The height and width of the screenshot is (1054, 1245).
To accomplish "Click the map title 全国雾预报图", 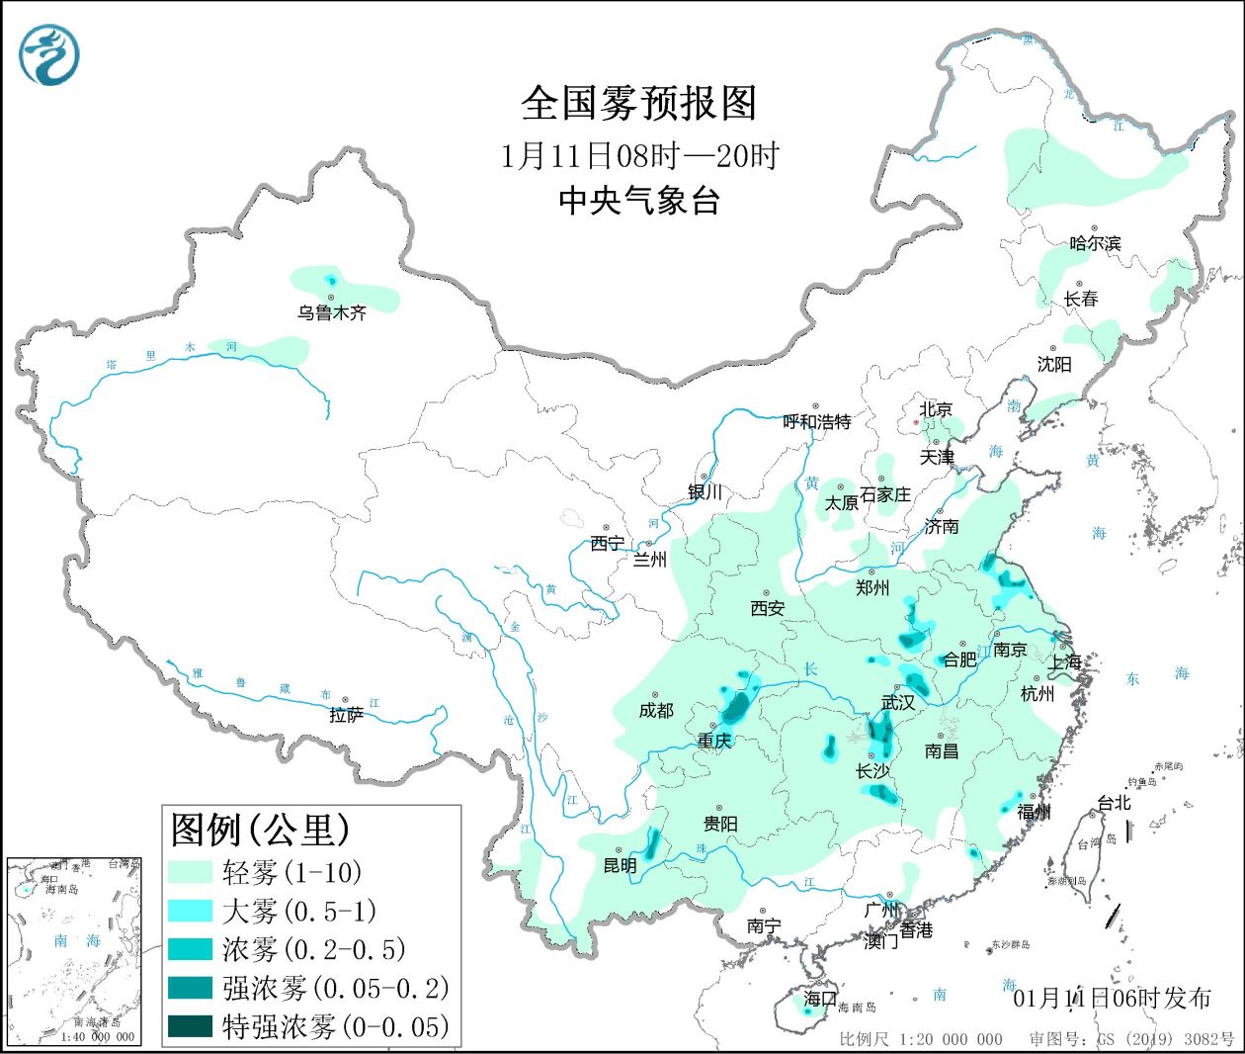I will pyautogui.click(x=638, y=103).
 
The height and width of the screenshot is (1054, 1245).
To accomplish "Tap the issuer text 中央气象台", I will pyautogui.click(x=638, y=201).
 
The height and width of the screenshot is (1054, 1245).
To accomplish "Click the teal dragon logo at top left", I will pyautogui.click(x=48, y=54).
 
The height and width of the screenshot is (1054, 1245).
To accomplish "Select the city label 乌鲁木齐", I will pyautogui.click(x=332, y=312).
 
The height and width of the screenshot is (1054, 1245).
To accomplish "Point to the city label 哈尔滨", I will pyautogui.click(x=1095, y=243).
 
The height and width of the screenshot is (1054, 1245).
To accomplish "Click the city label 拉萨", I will pyautogui.click(x=346, y=715).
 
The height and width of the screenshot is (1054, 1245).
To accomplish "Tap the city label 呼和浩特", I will pyautogui.click(x=816, y=422).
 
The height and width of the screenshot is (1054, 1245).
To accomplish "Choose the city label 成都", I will pyautogui.click(x=655, y=710).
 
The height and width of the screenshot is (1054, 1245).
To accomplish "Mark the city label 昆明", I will pyautogui.click(x=620, y=865).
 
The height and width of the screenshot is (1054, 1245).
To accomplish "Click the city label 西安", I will pyautogui.click(x=767, y=608).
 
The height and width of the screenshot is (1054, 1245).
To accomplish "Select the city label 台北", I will pyautogui.click(x=1114, y=803).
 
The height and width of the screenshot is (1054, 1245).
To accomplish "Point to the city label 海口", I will pyautogui.click(x=819, y=999).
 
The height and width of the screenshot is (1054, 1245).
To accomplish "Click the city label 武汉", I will pyautogui.click(x=898, y=703).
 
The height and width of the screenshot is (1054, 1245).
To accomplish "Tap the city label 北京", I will pyautogui.click(x=936, y=409).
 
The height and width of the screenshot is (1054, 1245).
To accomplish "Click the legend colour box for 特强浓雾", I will pyautogui.click(x=190, y=1026).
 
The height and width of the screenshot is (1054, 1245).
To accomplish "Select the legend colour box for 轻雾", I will pyautogui.click(x=190, y=872).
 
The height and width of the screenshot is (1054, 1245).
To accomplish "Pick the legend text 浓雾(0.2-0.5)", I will pyautogui.click(x=314, y=949).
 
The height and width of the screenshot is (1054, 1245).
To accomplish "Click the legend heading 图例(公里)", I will pyautogui.click(x=261, y=830).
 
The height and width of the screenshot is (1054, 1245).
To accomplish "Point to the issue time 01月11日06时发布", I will pyautogui.click(x=1112, y=999).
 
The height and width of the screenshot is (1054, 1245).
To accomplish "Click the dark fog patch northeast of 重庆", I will pyautogui.click(x=736, y=706).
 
